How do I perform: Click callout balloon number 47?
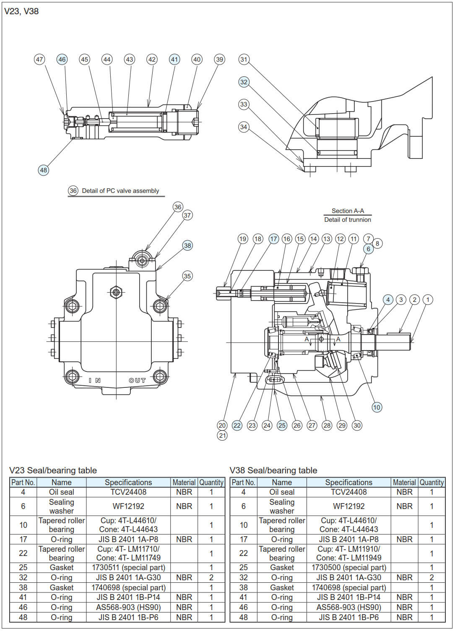click(39, 59)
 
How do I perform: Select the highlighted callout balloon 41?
click(174, 59)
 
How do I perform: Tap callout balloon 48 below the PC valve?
click(43, 170)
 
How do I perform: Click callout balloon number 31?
click(244, 59)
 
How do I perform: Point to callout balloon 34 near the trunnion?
click(244, 127)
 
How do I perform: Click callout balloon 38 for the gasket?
click(187, 245)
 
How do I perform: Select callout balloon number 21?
click(222, 435)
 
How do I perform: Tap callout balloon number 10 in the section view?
click(377, 407)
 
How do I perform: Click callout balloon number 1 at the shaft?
click(428, 299)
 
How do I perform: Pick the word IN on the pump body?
click(95, 380)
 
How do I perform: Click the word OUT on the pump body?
click(137, 380)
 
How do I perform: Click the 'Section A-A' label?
click(348, 211)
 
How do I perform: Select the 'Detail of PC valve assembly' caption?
click(120, 191)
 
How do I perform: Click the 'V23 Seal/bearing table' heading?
click(53, 470)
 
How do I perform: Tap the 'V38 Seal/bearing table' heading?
click(273, 470)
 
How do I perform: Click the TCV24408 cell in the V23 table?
click(128, 492)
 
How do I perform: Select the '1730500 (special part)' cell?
click(348, 567)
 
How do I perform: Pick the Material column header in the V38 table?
click(404, 482)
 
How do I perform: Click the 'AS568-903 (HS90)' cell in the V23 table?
click(128, 607)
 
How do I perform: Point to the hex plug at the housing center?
click(115, 292)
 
